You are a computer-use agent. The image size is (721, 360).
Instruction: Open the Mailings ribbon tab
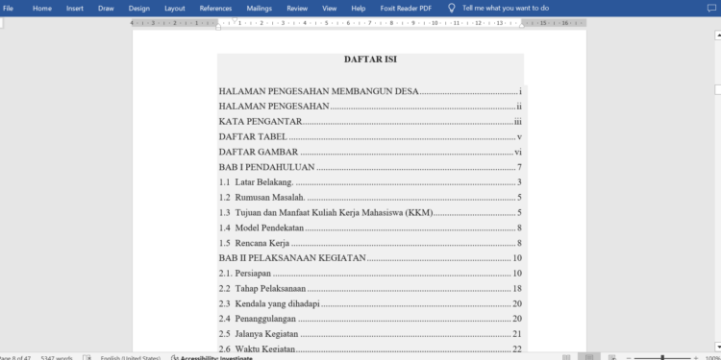(x=260, y=8)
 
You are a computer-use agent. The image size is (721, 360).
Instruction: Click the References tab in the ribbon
(x=215, y=8)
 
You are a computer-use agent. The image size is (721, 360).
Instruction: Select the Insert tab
(x=75, y=8)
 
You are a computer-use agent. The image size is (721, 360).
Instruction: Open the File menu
(x=9, y=8)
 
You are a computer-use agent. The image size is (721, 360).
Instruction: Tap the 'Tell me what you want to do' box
(x=506, y=8)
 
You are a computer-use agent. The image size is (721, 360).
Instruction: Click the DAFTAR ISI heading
(x=370, y=60)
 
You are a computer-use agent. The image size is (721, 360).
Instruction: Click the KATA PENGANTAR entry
(x=261, y=122)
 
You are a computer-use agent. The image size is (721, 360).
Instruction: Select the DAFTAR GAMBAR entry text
(x=258, y=152)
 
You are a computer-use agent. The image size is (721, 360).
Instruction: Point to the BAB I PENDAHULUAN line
(x=267, y=167)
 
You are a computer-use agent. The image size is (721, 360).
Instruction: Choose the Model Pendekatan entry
(x=269, y=228)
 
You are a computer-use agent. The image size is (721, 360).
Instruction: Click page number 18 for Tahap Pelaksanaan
(x=517, y=288)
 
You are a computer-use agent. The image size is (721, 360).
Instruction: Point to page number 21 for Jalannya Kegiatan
(x=517, y=334)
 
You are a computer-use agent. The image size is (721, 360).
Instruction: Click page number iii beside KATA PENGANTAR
(x=517, y=122)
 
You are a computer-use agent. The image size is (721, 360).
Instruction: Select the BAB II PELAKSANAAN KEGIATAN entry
(x=292, y=257)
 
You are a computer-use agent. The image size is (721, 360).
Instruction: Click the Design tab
(x=139, y=8)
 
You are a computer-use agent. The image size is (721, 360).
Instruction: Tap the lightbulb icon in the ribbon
(x=452, y=8)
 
